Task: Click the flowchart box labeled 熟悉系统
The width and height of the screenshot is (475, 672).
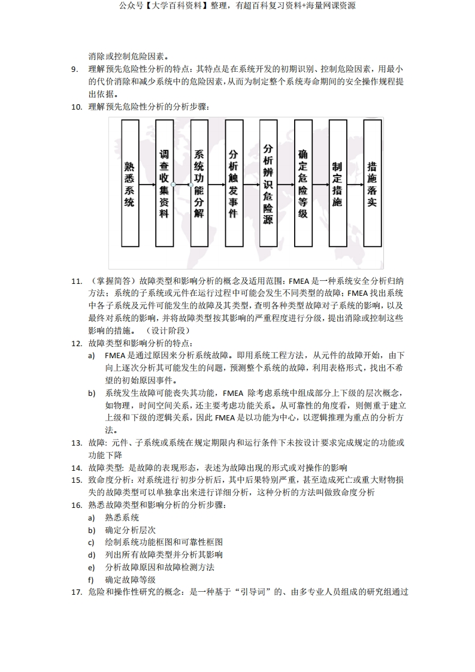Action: click(x=129, y=183)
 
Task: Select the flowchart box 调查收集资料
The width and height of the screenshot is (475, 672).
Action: click(x=164, y=183)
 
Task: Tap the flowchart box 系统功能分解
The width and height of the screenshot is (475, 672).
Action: click(x=199, y=183)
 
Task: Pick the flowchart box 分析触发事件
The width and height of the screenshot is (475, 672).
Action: click(x=234, y=183)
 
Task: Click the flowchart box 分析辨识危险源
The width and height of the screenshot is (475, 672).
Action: click(x=268, y=183)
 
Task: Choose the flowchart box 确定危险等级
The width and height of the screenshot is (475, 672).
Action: click(x=302, y=183)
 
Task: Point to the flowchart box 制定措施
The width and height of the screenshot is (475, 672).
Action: click(x=337, y=183)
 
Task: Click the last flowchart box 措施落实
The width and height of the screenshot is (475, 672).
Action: click(x=372, y=183)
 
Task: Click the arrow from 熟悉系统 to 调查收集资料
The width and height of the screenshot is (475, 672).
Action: click(x=147, y=184)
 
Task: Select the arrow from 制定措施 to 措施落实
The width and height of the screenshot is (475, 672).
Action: click(x=355, y=184)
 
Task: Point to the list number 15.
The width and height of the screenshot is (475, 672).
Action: click(x=76, y=480)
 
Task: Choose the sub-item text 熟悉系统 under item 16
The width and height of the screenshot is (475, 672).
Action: click(x=122, y=517)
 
